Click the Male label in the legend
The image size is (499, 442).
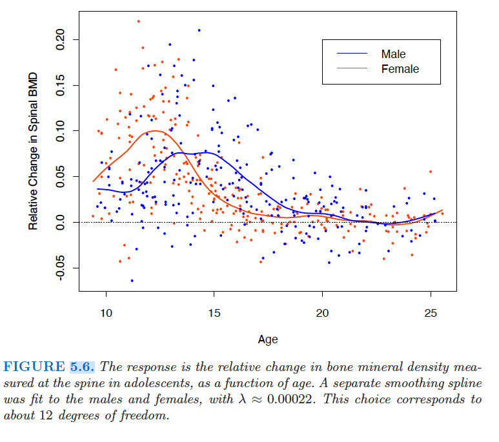393,54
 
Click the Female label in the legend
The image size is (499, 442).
400,68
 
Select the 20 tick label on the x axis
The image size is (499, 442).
323,312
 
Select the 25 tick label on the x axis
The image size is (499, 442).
431,312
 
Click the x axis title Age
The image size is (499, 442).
268,339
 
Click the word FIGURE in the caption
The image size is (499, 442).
34,367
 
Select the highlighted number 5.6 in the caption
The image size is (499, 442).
82,367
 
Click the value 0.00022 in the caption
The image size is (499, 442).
289,399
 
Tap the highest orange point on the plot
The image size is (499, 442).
139,21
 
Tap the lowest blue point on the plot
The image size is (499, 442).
132,281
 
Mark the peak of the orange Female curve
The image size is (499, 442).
158,131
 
